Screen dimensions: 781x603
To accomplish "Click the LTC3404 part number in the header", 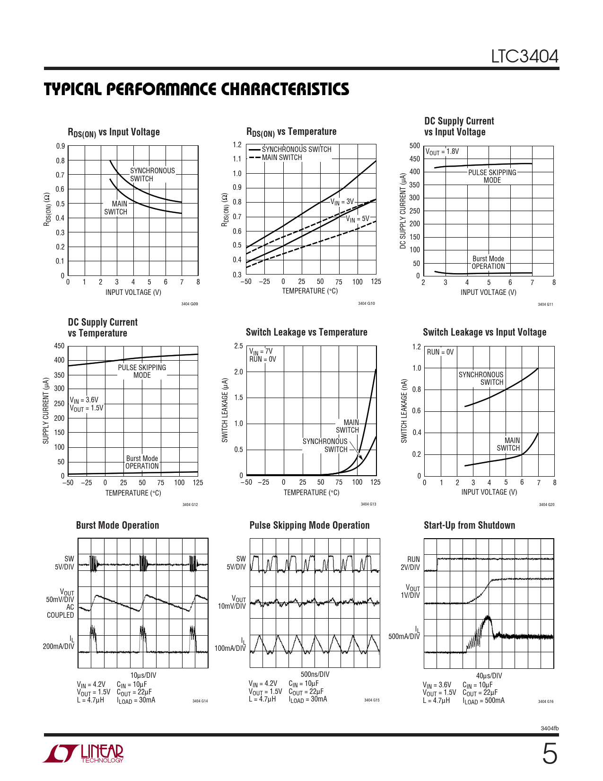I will click(524, 57).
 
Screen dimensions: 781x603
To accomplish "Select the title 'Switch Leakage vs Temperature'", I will click(306, 332).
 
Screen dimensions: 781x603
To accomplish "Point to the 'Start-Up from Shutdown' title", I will click(469, 525).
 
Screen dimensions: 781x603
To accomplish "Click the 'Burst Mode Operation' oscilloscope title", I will click(117, 525).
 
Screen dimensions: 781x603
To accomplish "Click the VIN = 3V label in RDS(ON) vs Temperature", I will click(342, 202).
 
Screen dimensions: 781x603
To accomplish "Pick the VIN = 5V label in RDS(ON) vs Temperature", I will click(357, 219).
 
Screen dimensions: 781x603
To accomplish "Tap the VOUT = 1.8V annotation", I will click(442, 151).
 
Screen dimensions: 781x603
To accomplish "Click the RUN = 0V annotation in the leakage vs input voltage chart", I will click(440, 352).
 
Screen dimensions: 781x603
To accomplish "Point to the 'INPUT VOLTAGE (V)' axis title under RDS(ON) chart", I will click(133, 293).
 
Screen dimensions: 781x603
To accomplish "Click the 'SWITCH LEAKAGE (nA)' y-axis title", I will click(404, 411).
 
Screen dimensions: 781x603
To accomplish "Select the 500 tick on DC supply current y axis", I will click(415, 146).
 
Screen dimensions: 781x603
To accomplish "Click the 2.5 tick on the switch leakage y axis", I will click(238, 346).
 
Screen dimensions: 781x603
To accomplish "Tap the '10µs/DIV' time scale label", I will click(143, 675).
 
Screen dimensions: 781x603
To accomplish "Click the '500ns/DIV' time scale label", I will click(315, 674).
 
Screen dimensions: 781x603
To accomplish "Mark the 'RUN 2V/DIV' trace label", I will click(410, 563).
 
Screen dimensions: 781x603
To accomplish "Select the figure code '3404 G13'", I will click(368, 504).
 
